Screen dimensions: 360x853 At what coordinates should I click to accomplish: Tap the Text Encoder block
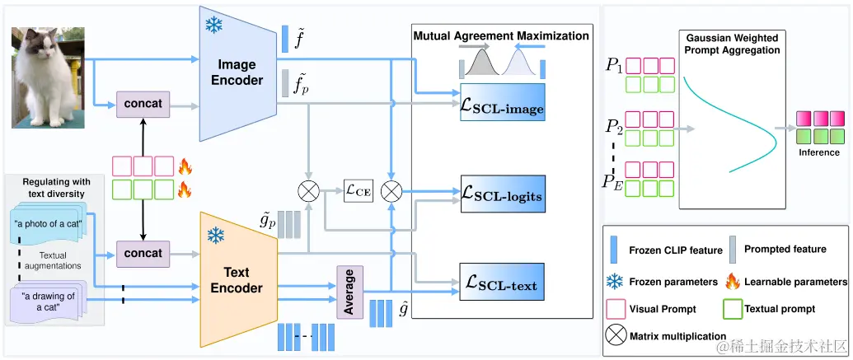pos(236,279)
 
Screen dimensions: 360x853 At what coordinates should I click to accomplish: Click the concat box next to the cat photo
pos(143,105)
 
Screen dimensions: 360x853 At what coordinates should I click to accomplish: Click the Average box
pos(349,292)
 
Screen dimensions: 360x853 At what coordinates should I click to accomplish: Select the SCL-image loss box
pos(503,108)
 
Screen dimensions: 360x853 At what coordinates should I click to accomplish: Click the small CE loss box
pos(357,192)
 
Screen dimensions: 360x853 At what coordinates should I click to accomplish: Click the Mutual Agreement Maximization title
pos(500,36)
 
